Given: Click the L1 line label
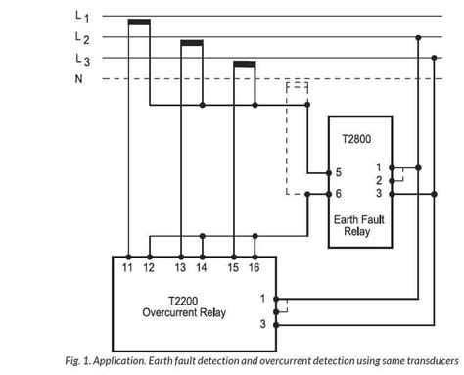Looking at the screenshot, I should (80, 17).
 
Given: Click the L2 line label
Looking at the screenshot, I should (80, 39).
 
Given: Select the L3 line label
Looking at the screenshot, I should (80, 60).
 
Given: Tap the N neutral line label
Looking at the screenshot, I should (78, 79).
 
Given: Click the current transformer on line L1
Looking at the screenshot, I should (140, 21).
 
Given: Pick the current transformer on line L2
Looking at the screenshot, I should (192, 42).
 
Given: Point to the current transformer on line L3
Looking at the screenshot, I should (244, 65).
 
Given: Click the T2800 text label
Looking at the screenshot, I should (356, 140).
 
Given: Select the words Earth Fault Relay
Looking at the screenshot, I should (357, 224).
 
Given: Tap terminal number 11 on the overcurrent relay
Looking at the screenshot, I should (128, 267).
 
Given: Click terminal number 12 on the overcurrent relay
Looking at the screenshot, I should (149, 267).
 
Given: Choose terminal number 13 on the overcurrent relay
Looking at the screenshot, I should (181, 267).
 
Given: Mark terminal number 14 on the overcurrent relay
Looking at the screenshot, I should (202, 267).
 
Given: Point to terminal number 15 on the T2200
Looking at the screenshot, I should (234, 267).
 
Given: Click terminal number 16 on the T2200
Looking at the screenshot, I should (254, 267).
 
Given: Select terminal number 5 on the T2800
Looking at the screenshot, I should (338, 172).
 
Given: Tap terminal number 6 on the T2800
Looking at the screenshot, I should (338, 194).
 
